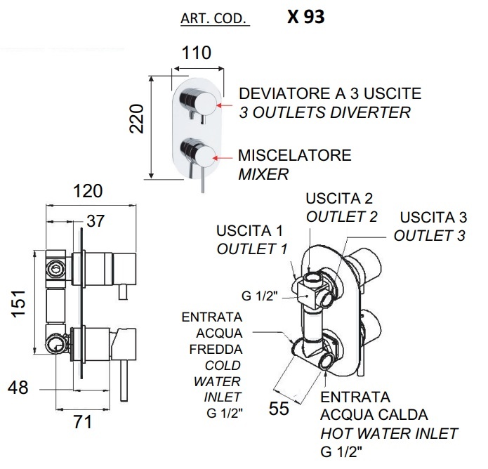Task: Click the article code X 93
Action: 305,17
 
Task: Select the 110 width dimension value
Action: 197,53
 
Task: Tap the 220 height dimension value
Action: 137,119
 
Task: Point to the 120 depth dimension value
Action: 88,191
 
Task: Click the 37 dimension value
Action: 95,221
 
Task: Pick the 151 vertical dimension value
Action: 18,304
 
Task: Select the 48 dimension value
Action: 18,388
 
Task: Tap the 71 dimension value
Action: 83,422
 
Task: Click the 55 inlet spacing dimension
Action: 279,408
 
